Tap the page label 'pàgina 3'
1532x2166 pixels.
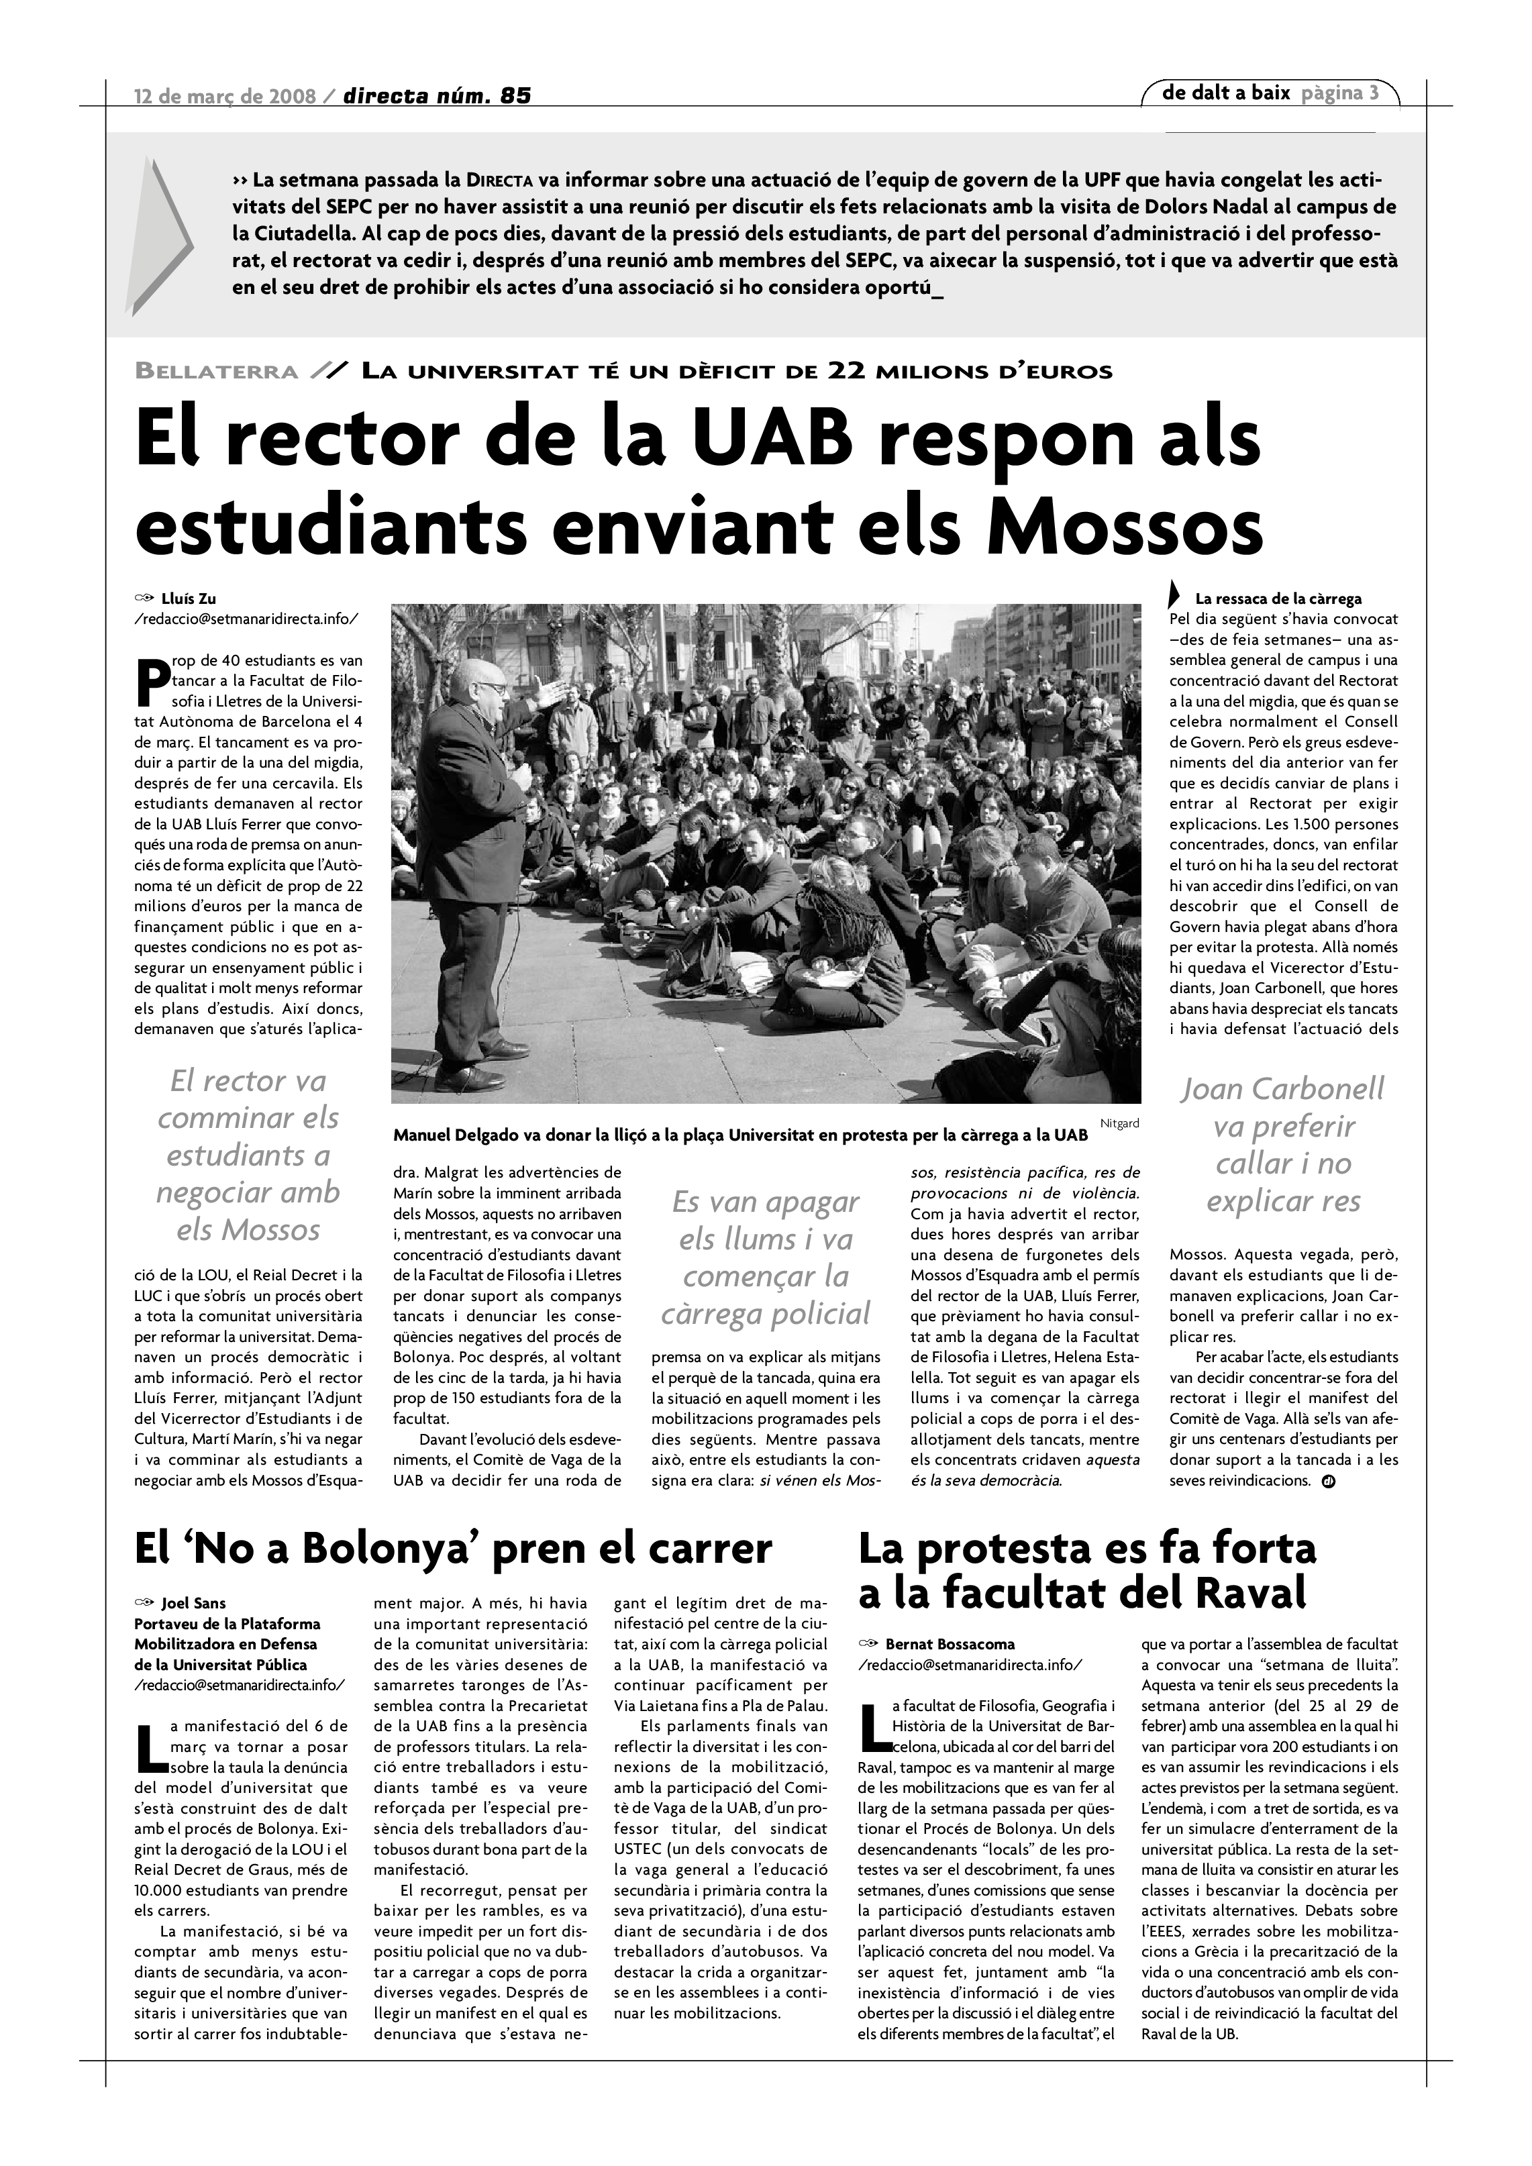[x=1339, y=93]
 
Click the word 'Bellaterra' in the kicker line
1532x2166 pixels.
[x=217, y=372]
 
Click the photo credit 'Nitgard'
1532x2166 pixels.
[x=1120, y=1123]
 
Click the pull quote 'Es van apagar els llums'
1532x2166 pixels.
[x=765, y=1257]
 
